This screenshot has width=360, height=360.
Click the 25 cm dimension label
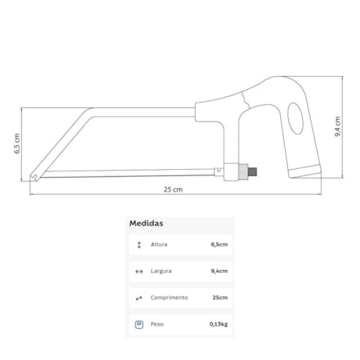tap(173, 189)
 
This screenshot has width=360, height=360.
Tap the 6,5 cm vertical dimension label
tap(17, 143)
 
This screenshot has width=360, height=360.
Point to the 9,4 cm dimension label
tap(337, 127)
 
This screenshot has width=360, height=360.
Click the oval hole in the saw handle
tap(296, 118)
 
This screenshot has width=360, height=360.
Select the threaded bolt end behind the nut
tap(252, 171)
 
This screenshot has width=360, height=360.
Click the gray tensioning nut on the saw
tap(243, 171)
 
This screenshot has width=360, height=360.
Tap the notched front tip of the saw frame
tap(34, 178)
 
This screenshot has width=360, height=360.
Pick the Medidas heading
tap(146, 223)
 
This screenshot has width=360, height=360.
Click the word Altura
tap(159, 244)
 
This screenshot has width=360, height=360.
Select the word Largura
tap(161, 271)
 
